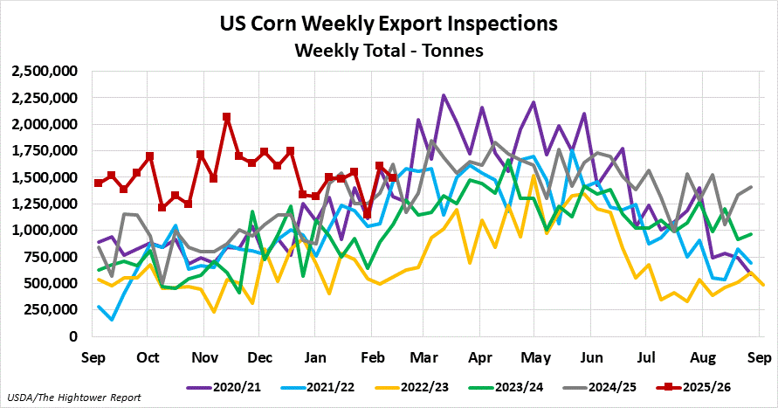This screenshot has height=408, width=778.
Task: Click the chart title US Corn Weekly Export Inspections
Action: pos(389,21)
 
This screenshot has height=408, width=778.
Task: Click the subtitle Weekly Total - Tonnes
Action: pos(389,50)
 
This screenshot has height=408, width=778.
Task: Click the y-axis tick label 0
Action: pos(74,336)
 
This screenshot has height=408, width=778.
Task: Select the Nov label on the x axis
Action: pos(203,357)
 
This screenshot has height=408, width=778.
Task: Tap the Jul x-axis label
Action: pos(646,357)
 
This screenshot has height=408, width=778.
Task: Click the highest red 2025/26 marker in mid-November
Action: pos(226,116)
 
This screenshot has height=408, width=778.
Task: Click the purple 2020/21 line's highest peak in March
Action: pos(444,95)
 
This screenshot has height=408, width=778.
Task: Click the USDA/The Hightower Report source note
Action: pos(64,398)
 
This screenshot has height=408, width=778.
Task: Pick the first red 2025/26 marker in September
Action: pos(98,183)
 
